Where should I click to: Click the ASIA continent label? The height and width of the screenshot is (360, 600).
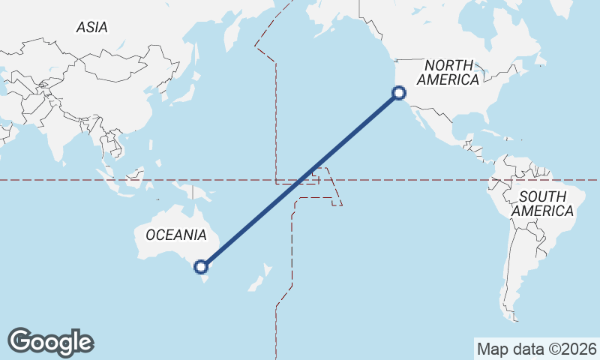click(x=92, y=27)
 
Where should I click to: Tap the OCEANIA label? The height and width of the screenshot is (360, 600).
click(x=176, y=235)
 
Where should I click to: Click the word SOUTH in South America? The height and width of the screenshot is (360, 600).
click(x=541, y=196)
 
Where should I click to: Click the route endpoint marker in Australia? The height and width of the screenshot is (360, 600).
click(x=200, y=266)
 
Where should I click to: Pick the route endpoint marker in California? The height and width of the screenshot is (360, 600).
click(x=399, y=93)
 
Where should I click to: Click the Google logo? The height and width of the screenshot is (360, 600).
click(x=50, y=341)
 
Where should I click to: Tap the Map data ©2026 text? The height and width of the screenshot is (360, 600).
click(x=536, y=349)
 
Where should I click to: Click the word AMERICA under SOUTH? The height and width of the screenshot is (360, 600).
click(x=543, y=211)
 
